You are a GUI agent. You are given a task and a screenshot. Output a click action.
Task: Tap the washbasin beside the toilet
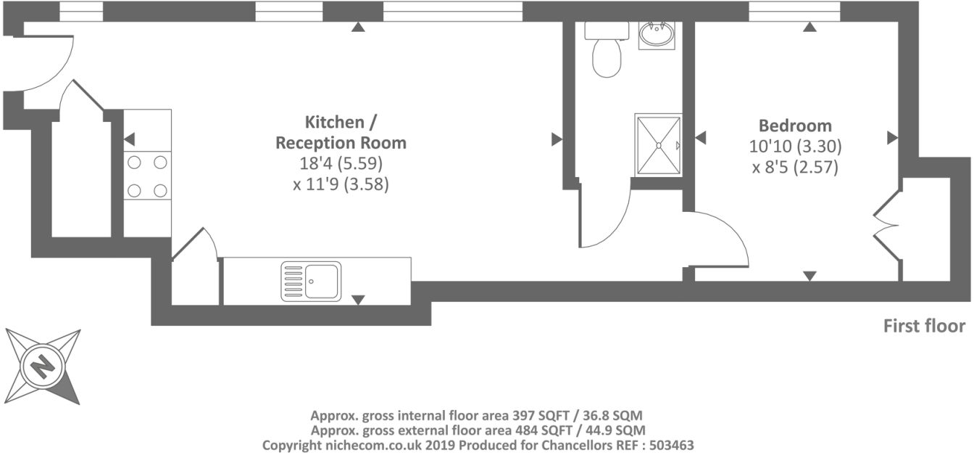click(657, 34)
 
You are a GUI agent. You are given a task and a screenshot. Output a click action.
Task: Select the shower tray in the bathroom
click(658, 144)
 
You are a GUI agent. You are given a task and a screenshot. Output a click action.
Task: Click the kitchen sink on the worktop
click(311, 282)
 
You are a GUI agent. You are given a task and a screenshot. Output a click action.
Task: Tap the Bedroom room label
click(795, 125)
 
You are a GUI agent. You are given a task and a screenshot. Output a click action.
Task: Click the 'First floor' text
click(924, 326)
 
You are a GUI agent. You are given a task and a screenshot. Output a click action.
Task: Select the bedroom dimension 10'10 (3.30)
click(795, 146)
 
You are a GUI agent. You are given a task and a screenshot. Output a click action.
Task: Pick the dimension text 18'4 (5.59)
click(341, 163)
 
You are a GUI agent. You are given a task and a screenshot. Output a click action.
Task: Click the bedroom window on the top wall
click(794, 12)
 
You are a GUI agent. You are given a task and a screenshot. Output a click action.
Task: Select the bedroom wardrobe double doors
click(886, 224)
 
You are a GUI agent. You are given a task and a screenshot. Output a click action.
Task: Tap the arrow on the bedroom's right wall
click(892, 137)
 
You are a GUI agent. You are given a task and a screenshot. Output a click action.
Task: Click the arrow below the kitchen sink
click(358, 300)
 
